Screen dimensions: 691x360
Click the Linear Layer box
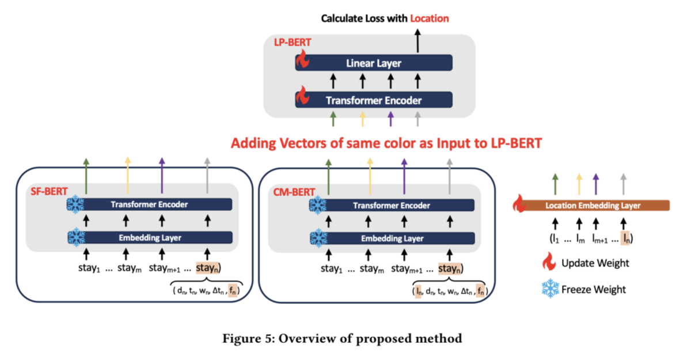pos(374,63)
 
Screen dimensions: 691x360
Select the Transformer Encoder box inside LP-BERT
pos(374,100)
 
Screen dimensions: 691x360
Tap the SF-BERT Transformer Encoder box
pos(150,204)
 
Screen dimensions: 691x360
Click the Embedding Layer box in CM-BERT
pos(392,238)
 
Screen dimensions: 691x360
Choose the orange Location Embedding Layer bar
pos(593,206)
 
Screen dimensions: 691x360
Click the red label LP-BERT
pos(293,42)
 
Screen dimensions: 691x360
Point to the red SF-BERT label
pos(49,191)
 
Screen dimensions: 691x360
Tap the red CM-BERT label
pos(294,192)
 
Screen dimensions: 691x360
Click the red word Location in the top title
pos(429,18)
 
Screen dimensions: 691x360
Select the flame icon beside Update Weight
pos(549,262)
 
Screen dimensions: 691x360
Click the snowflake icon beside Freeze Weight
pos(550,289)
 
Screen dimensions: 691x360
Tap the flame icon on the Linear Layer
pos(303,59)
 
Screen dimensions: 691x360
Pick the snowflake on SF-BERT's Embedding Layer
pos(76,237)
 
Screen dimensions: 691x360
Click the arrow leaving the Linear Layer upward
pos(417,41)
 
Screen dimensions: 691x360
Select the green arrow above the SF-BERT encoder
pos(86,176)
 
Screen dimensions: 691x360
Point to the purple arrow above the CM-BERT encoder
pos(404,176)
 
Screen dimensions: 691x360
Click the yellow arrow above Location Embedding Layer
pos(579,184)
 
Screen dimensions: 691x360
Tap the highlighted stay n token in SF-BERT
pos(207,268)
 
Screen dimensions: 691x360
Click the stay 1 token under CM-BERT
pos(331,268)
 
